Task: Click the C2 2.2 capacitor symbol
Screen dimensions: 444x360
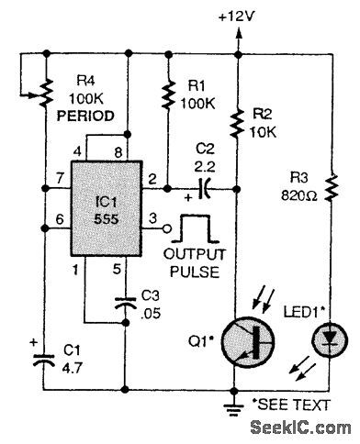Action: coord(203,191)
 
